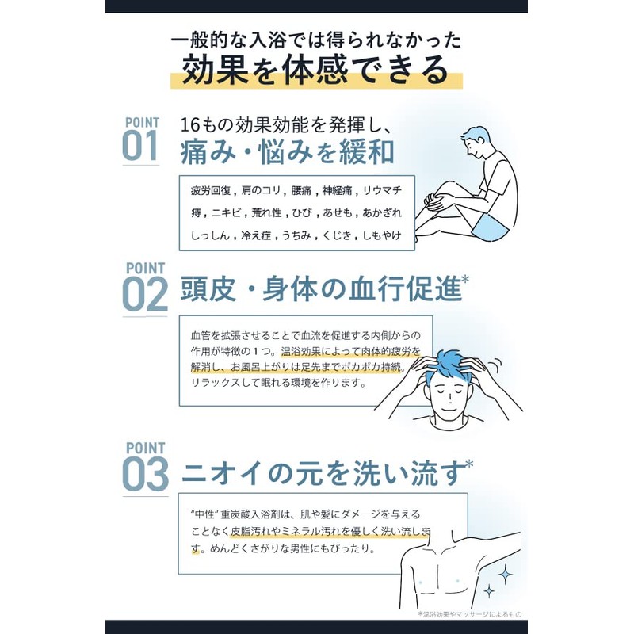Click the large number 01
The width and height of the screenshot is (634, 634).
click(140, 146)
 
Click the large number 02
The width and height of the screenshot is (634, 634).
click(145, 294)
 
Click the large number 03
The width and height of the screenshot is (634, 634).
click(145, 473)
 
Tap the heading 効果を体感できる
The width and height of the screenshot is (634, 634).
click(315, 70)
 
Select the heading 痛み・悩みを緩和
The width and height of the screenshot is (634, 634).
click(287, 151)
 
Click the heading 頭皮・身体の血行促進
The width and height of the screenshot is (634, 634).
click(321, 288)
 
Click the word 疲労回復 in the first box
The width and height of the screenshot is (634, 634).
click(211, 190)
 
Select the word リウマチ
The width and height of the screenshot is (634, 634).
click(382, 190)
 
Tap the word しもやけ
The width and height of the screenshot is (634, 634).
click(382, 235)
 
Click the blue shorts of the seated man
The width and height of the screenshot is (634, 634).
click(490, 228)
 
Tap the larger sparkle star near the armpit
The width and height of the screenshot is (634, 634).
click(505, 574)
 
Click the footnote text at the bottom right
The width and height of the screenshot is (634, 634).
click(470, 614)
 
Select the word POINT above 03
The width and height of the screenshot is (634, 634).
click(146, 448)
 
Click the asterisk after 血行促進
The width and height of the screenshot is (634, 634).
click(465, 279)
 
